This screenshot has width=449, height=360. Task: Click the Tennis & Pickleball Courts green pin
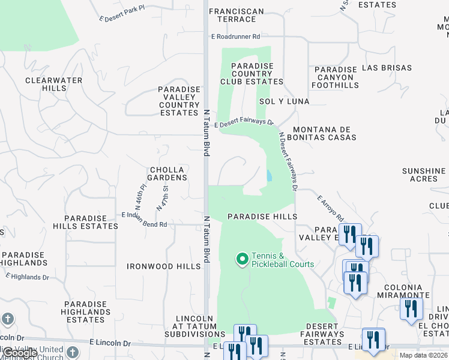[x=243, y=259]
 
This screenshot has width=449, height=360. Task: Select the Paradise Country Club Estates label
[x=252, y=74]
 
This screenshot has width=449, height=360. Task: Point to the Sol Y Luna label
[x=284, y=101]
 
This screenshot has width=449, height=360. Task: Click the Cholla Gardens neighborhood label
[x=160, y=174]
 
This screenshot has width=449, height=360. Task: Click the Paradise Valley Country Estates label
[x=179, y=101]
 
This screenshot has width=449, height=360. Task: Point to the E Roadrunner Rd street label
[x=236, y=37]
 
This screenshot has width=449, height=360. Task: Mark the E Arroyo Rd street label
[x=330, y=207]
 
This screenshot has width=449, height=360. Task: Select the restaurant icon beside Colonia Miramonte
[x=411, y=309]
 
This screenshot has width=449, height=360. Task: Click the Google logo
[x=20, y=353]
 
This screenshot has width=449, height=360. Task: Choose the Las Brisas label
[x=387, y=68]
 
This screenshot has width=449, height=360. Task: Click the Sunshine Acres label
[x=424, y=175]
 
